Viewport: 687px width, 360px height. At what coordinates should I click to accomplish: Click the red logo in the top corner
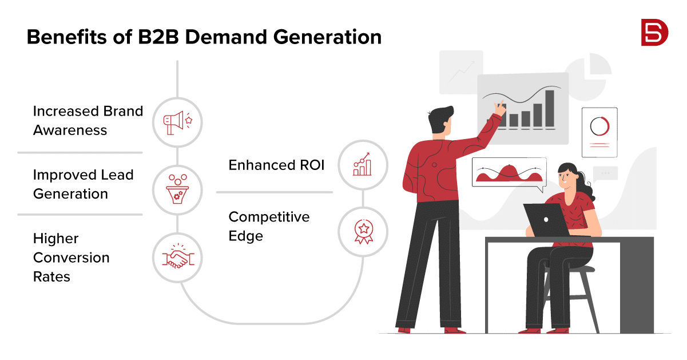(654, 33)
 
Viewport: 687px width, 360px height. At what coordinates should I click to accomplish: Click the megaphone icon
(177, 122)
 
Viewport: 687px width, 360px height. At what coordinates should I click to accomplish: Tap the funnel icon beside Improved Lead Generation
(177, 189)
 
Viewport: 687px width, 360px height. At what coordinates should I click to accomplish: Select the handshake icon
(178, 256)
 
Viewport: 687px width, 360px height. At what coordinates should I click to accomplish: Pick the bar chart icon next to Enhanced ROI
(362, 164)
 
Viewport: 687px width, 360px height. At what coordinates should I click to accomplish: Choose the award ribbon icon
(364, 232)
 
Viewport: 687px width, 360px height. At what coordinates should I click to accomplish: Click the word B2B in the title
(158, 37)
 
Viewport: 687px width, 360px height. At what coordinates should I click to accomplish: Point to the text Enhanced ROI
(276, 165)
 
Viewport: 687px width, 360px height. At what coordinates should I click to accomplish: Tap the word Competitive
(269, 217)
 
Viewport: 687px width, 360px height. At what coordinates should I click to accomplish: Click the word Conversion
(71, 258)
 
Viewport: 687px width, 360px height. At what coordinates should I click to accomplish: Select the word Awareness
(70, 130)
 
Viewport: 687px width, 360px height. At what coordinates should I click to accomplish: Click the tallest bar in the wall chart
(550, 109)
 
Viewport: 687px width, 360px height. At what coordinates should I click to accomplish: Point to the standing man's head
(440, 120)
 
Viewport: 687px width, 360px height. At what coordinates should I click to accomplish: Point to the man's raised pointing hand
(500, 108)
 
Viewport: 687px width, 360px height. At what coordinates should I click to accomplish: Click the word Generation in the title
(327, 37)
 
